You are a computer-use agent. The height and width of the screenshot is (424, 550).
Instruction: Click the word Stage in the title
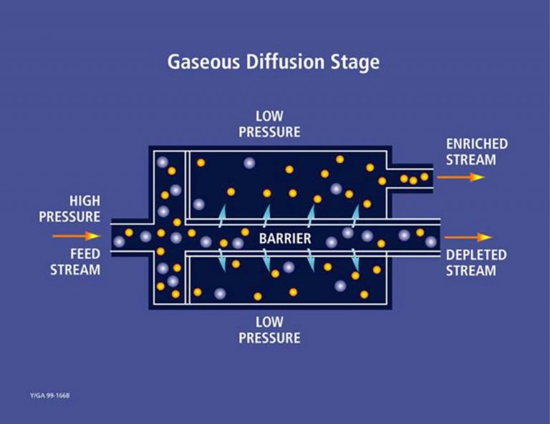355,62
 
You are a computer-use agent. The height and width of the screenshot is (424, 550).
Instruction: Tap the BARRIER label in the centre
285,238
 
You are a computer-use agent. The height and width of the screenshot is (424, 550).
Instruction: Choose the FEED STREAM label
74,262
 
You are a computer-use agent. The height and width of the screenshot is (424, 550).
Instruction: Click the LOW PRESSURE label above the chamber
269,124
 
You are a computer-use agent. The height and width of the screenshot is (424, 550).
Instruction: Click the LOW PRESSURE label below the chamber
269,330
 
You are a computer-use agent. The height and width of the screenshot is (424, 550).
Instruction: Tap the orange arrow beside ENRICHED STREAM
467,177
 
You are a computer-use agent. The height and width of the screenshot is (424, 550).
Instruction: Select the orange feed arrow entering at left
77,235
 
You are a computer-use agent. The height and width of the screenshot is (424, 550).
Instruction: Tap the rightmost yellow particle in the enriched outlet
424,176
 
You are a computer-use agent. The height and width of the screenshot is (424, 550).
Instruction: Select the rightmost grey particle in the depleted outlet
430,242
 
